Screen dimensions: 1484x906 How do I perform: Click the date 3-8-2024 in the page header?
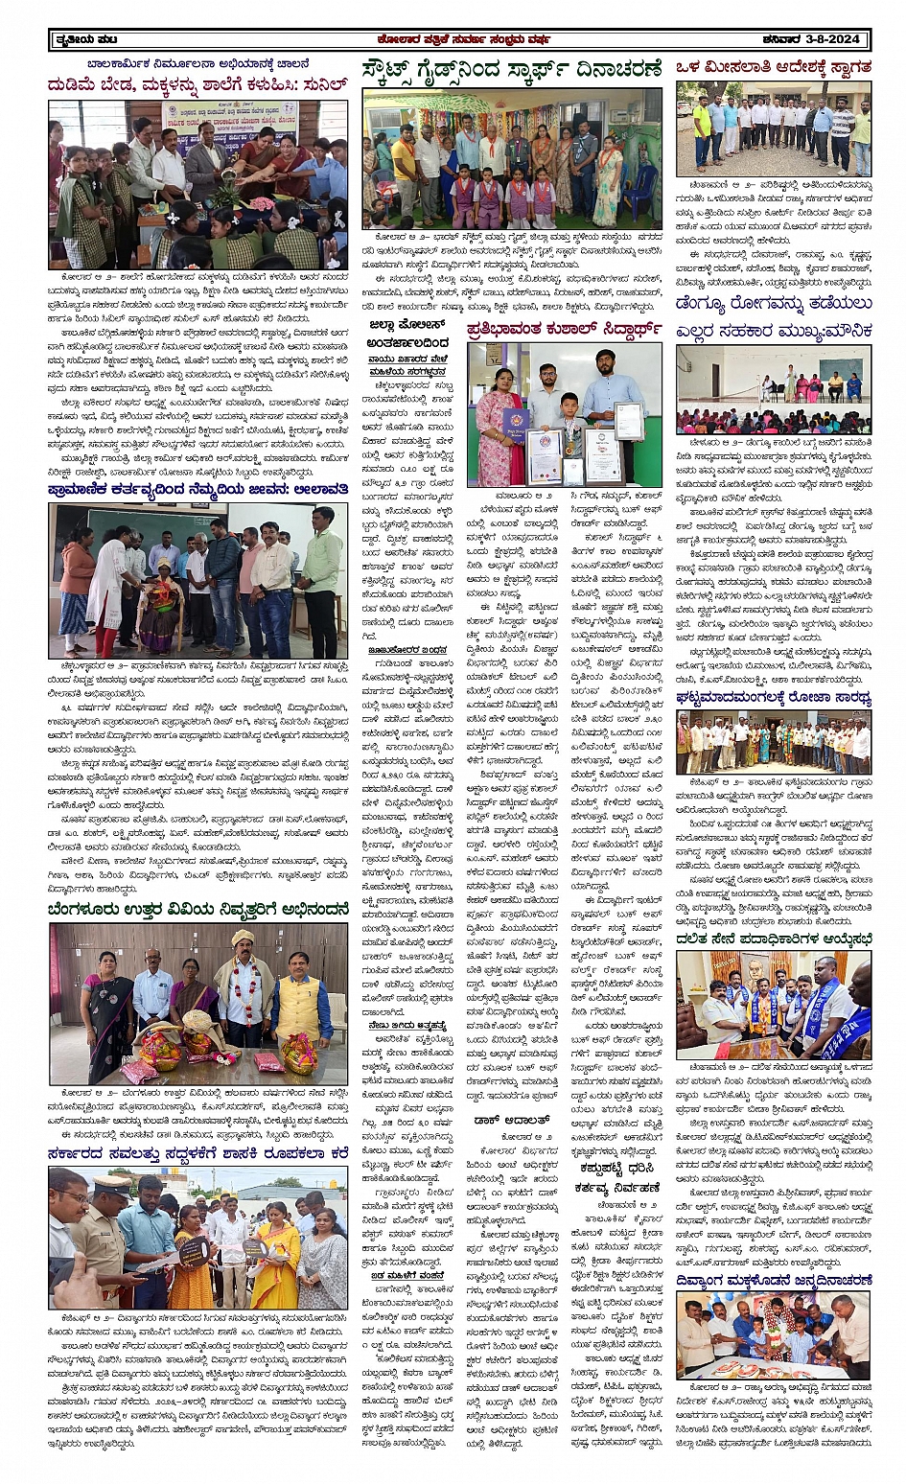(x=835, y=39)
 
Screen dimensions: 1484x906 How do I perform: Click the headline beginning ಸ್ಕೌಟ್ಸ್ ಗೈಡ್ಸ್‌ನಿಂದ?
(x=512, y=70)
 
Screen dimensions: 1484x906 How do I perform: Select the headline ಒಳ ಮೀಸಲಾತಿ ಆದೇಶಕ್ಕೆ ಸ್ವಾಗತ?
(x=773, y=67)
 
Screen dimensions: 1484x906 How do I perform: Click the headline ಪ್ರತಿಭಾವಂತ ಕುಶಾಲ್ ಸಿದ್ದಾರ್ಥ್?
(x=565, y=330)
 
